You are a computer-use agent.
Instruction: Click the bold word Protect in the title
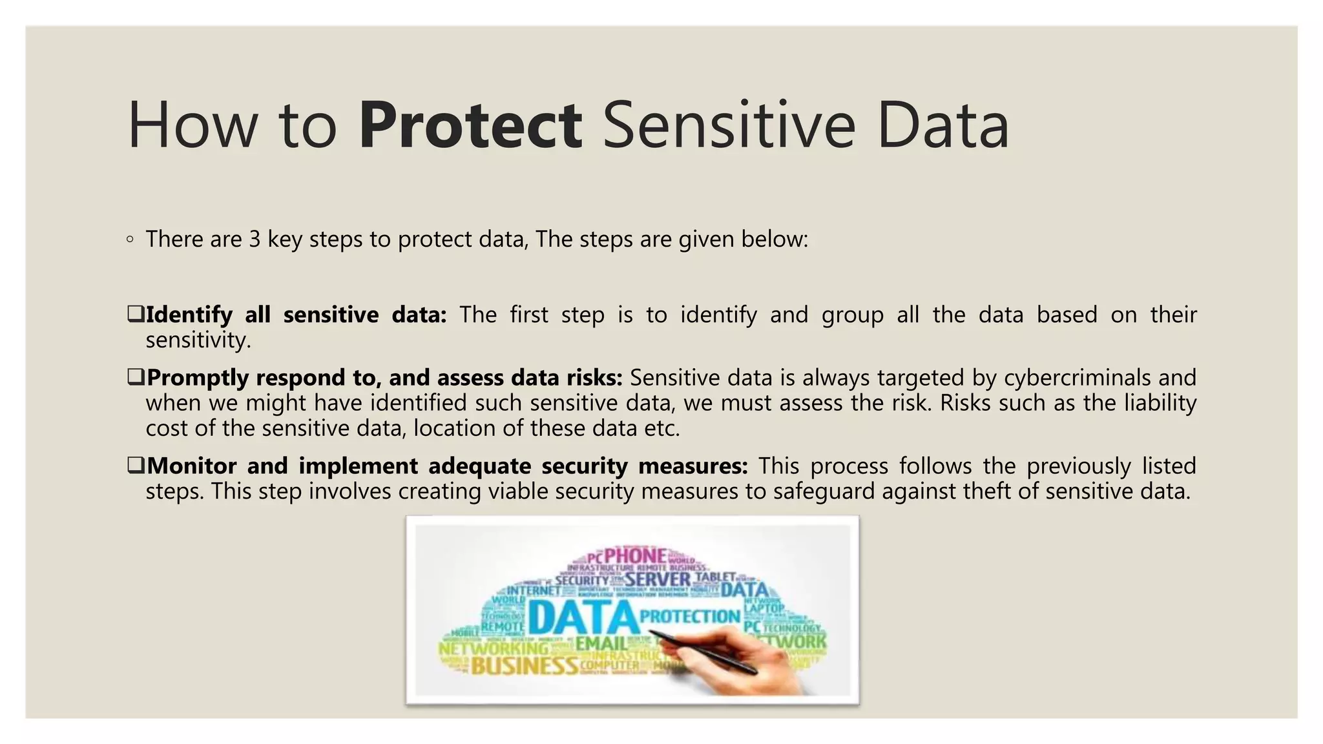coord(470,125)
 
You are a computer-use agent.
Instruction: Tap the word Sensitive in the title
coord(729,125)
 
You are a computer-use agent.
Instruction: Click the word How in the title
coord(192,125)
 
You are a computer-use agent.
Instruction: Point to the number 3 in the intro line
coord(255,240)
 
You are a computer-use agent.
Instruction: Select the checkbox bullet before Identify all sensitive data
coord(136,315)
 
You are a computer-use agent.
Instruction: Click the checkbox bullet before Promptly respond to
coord(136,377)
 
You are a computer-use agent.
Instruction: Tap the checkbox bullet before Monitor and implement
coord(136,465)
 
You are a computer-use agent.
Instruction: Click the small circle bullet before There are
coord(130,240)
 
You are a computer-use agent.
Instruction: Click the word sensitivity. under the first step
coord(198,340)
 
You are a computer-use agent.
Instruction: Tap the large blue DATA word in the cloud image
coord(583,617)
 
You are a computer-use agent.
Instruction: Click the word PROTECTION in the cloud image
coord(689,616)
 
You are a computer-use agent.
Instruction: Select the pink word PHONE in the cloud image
coord(635,555)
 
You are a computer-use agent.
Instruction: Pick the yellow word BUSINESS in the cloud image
coord(524,665)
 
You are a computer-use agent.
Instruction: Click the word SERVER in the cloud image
coord(658,579)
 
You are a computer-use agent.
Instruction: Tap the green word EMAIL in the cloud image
coord(601,643)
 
